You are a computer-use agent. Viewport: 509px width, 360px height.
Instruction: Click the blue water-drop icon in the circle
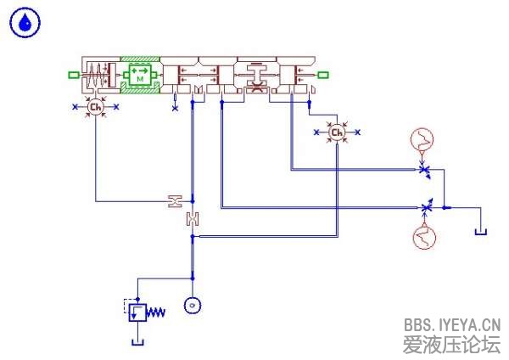pos(25,24)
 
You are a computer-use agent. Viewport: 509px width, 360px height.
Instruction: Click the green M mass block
pos(139,76)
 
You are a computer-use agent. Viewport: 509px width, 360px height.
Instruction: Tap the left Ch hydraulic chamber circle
pos(95,107)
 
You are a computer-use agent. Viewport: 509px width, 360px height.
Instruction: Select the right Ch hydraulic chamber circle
pos(337,132)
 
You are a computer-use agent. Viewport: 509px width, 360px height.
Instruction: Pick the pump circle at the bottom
pos(193,305)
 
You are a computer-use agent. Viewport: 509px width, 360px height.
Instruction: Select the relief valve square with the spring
pos(136,312)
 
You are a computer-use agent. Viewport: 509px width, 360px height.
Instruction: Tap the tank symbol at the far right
pos(481,230)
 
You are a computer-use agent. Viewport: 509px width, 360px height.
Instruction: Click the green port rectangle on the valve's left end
pos(74,76)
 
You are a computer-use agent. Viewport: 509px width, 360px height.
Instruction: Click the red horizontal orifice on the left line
pos(175,201)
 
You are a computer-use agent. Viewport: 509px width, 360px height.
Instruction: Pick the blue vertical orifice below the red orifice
pos(193,219)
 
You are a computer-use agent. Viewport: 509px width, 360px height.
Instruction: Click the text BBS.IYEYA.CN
pos(451,324)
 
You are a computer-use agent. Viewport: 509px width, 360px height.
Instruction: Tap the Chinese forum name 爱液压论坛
pos(451,344)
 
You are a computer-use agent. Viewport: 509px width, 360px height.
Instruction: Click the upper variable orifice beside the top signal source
pos(425,170)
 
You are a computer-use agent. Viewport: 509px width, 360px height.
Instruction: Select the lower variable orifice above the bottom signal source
pos(426,207)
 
